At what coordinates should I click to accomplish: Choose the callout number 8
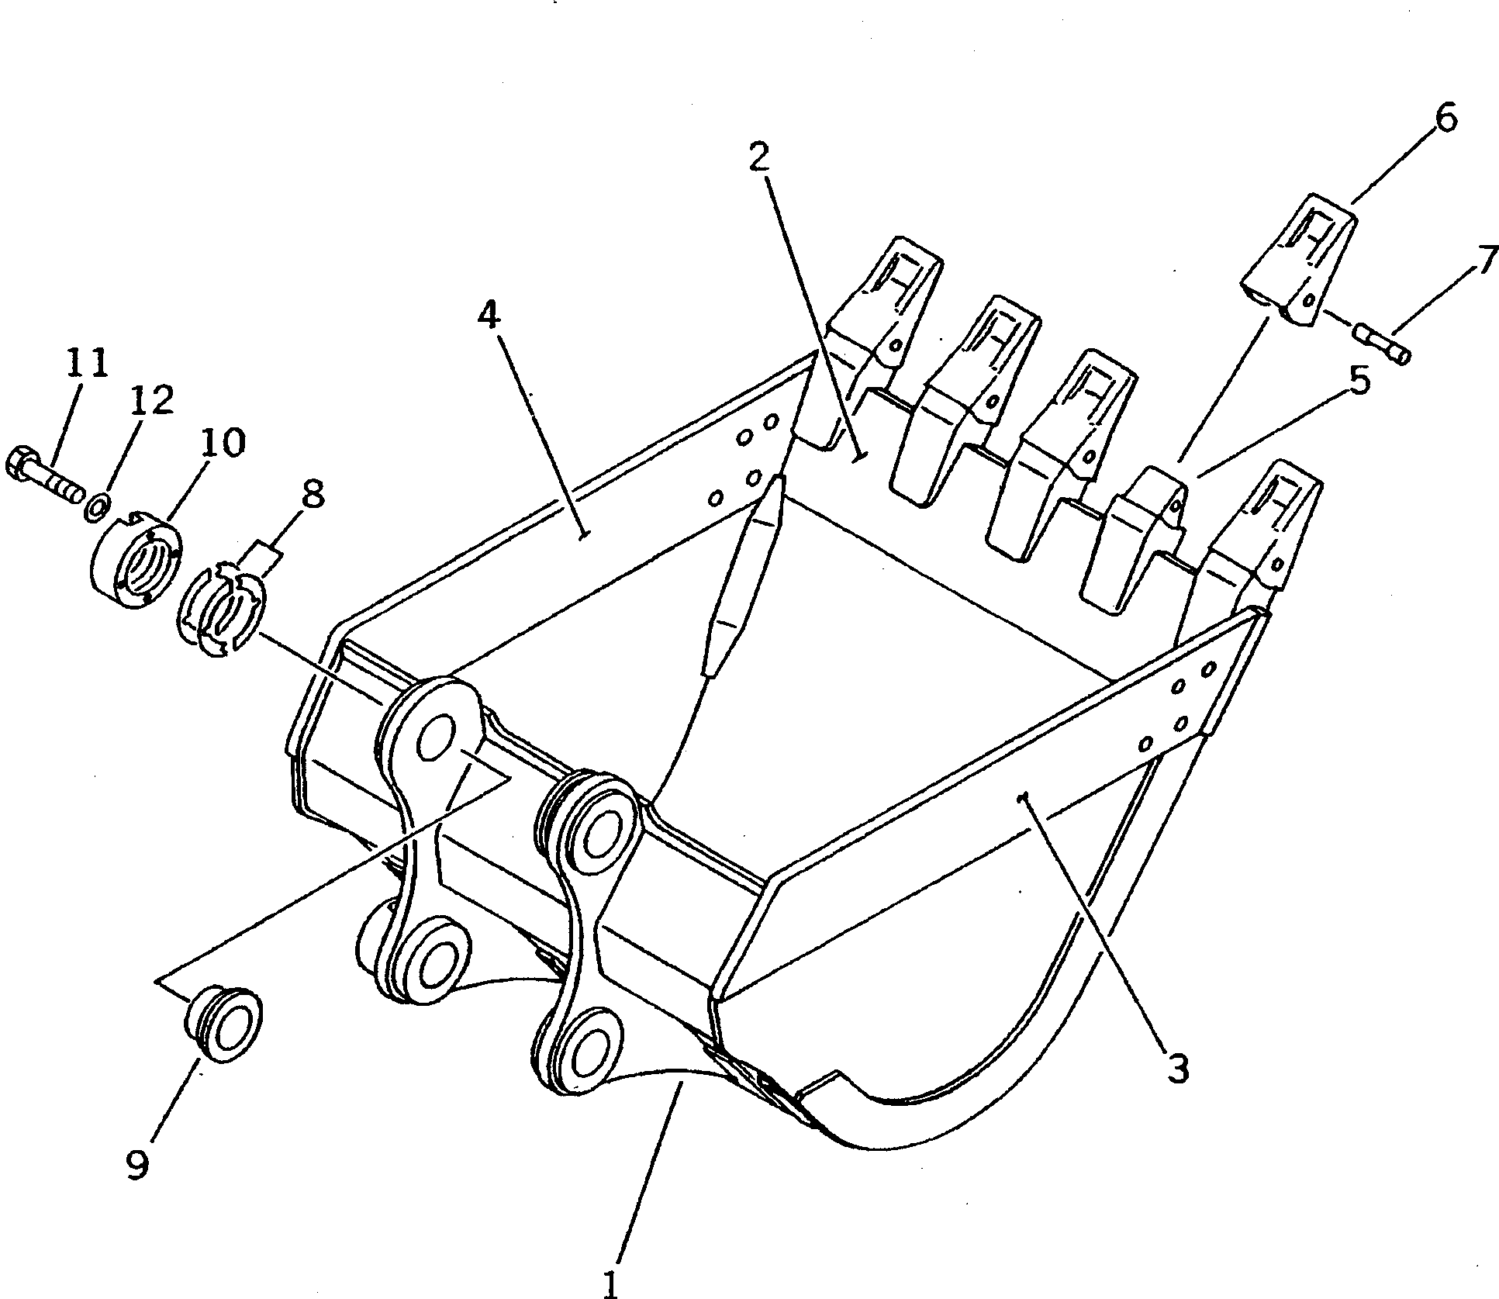point(313,494)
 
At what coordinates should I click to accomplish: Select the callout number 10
point(223,444)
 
